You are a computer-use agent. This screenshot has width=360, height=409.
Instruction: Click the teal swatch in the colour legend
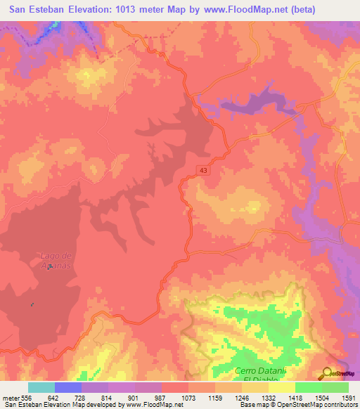point(41,387)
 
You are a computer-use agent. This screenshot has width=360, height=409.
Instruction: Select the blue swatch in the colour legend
point(68,387)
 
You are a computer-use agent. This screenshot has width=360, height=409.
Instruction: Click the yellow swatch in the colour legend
point(281,387)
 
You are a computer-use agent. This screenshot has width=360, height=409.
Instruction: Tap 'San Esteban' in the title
point(37,10)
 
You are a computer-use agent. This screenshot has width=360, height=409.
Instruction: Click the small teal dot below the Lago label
point(32,304)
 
